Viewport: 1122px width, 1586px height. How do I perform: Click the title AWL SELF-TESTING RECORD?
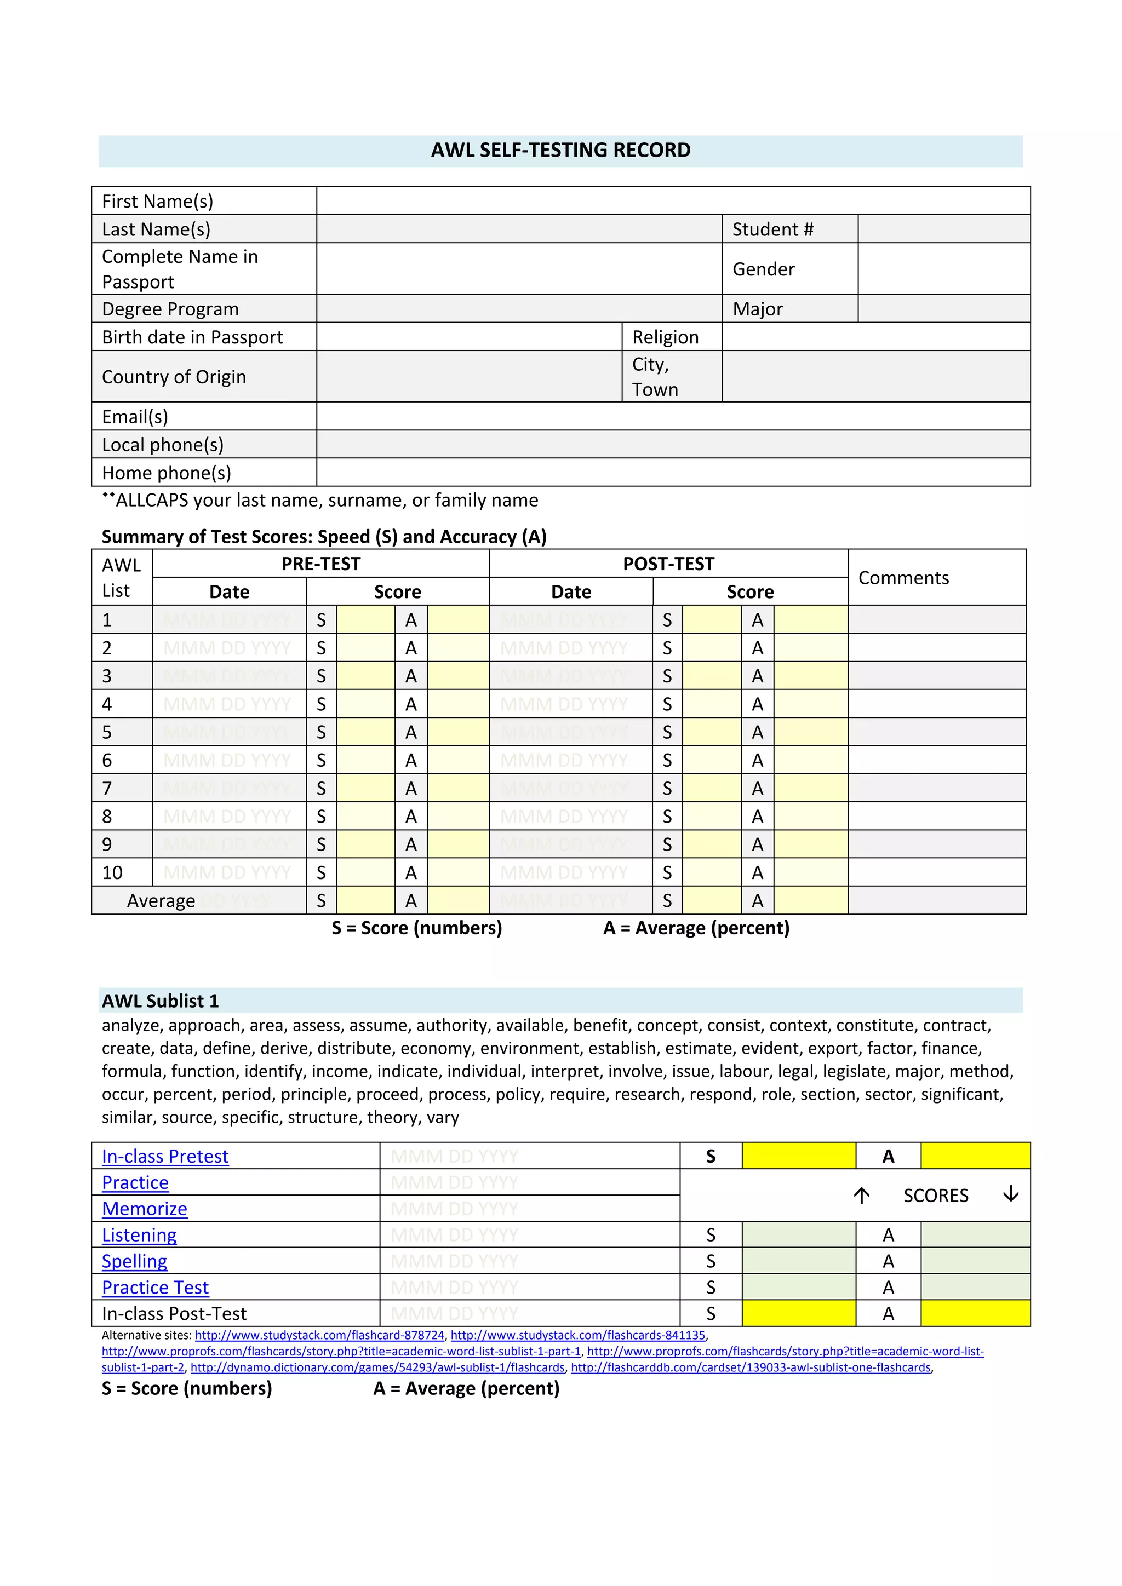pos(560,150)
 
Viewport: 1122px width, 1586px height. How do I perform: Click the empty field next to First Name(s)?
pos(673,200)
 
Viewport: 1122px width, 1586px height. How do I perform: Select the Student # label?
pos(772,229)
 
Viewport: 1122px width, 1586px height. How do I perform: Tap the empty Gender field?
pos(944,269)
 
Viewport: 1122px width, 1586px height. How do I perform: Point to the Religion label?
pos(665,337)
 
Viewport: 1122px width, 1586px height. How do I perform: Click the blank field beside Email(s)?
pos(673,417)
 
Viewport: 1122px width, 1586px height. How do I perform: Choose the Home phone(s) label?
pos(167,473)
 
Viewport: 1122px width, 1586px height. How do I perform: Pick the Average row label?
pos(161,901)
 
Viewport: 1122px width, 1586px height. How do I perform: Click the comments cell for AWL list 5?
pos(936,732)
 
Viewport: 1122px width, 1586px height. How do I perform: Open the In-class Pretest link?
pos(165,1156)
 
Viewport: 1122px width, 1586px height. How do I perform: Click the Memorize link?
pos(145,1209)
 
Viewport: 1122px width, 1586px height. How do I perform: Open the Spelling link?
pos(135,1261)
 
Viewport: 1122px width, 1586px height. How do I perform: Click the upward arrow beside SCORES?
pos(861,1196)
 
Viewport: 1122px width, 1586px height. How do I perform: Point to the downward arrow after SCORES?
pos(1011,1194)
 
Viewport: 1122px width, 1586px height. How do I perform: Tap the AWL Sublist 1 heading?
pos(161,1001)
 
